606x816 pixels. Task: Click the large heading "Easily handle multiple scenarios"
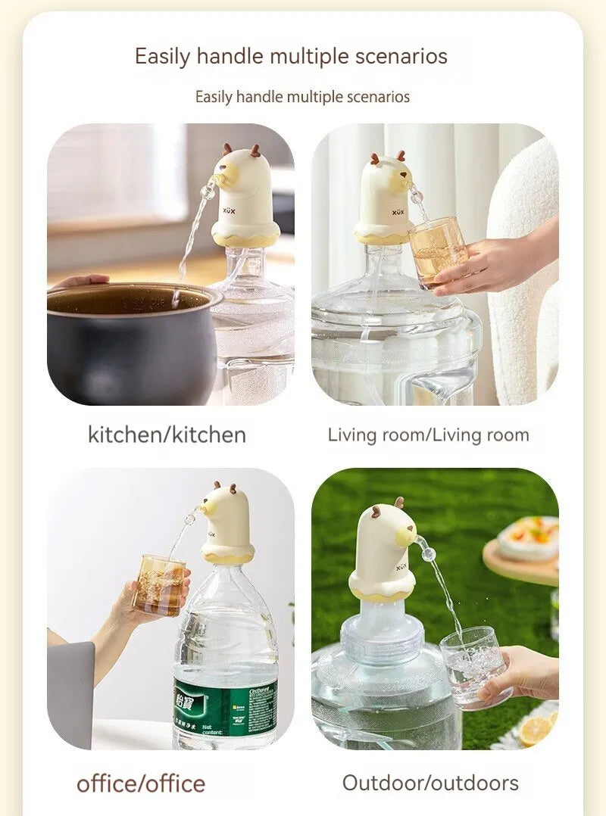(x=291, y=56)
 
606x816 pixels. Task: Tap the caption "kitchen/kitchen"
(x=167, y=434)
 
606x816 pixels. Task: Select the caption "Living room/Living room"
(x=428, y=434)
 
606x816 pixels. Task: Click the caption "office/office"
(x=140, y=783)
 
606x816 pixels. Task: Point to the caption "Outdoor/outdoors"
(x=430, y=782)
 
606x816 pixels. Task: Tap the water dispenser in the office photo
(x=227, y=522)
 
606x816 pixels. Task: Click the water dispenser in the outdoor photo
(x=383, y=553)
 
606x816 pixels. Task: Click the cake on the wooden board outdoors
(x=530, y=537)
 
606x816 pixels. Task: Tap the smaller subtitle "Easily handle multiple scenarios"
(x=302, y=97)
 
